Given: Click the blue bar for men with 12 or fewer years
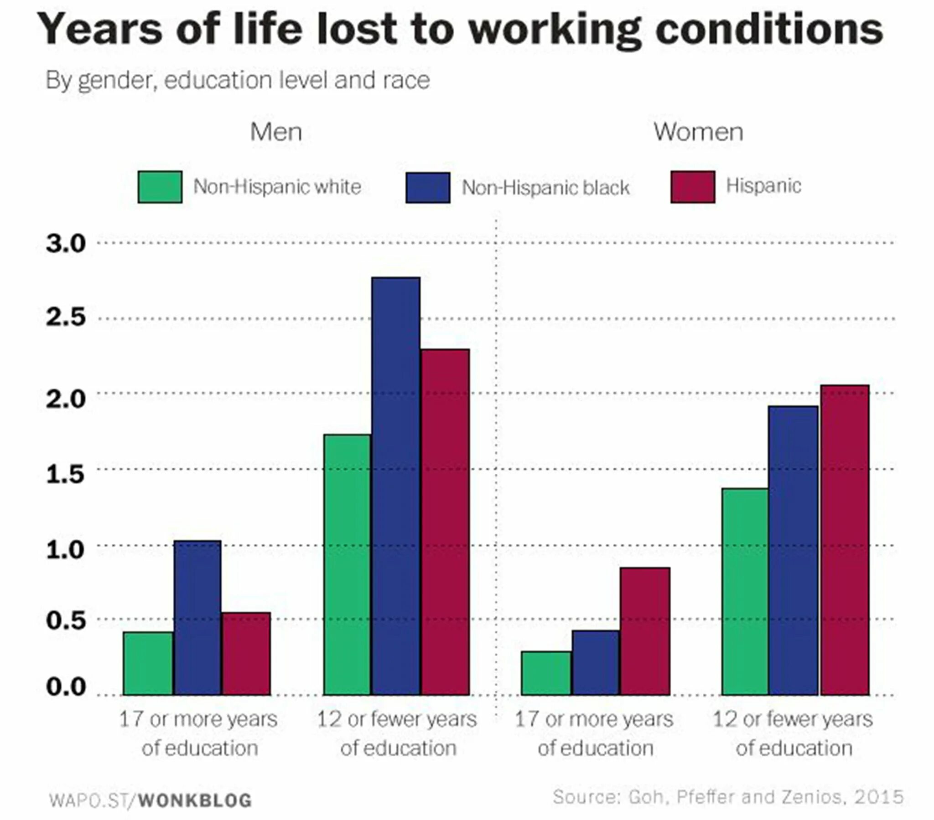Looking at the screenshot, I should [x=395, y=486].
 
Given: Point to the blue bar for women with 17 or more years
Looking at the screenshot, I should [x=596, y=663].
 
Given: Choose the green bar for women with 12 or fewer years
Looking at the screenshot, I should [x=745, y=592].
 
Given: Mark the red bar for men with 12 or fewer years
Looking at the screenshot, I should [x=445, y=523].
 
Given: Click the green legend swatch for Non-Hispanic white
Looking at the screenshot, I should [x=160, y=187].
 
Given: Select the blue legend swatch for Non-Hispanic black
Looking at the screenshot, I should [x=428, y=188].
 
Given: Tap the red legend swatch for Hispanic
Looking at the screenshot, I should [x=693, y=187].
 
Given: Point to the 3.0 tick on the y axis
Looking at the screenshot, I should [x=66, y=244].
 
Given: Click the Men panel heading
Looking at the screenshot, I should [x=276, y=133].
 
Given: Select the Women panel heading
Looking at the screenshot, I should [x=698, y=133].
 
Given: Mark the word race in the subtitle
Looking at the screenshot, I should [x=406, y=80].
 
